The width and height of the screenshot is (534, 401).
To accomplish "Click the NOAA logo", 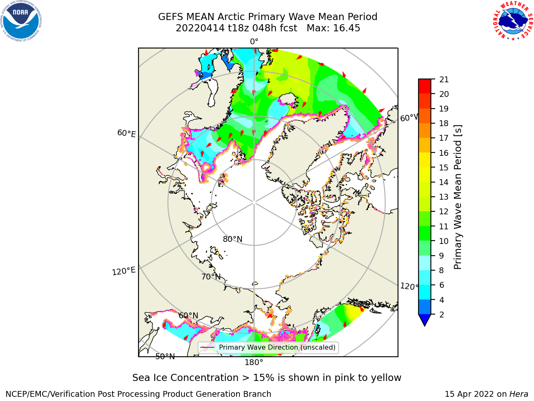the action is coord(21,21).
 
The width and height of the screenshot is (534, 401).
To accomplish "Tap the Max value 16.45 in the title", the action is coord(346,28).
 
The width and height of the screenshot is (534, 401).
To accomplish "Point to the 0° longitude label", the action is coord(254,42).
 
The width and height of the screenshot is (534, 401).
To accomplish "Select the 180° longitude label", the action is coord(254,363).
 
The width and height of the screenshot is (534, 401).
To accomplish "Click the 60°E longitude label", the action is coord(126,133).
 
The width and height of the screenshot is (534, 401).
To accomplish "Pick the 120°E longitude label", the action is coord(123,271).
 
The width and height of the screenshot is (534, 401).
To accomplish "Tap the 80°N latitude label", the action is coord(232,239).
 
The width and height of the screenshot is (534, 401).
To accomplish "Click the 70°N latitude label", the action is coord(211,277).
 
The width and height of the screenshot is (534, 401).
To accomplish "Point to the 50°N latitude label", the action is coord(165,357).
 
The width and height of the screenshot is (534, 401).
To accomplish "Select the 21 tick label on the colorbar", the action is coord(444,80).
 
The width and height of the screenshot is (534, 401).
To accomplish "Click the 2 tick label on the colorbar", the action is coord(442,315).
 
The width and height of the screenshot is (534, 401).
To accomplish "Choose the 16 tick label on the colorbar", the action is coord(444,153).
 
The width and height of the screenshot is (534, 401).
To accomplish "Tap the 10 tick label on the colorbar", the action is coord(444,241).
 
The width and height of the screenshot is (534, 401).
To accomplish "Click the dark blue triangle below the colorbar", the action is coord(425,319).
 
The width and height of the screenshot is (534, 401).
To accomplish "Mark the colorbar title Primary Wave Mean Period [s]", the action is coord(458,197).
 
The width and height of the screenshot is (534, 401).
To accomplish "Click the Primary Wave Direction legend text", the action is coord(277,347).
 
